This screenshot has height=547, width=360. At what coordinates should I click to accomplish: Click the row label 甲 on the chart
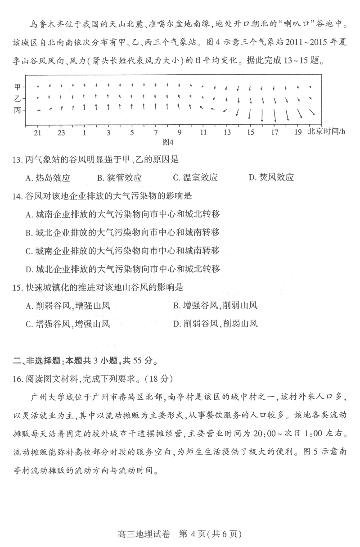tap(17, 86)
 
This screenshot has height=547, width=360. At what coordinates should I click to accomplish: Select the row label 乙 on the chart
tap(17, 98)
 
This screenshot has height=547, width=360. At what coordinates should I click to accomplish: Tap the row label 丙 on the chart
tap(17, 110)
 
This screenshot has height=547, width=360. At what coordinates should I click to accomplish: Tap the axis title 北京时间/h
tap(326, 131)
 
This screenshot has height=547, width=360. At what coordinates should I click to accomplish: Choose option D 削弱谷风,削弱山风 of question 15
tap(215, 323)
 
